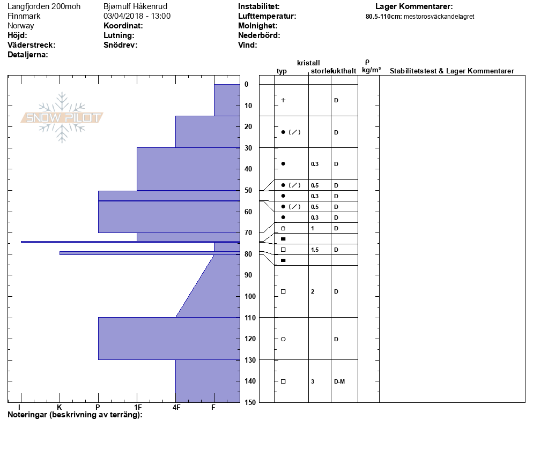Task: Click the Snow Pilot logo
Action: [x=62, y=117]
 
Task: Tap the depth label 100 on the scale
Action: [x=249, y=296]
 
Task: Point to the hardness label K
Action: [x=60, y=407]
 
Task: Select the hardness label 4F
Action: [x=176, y=407]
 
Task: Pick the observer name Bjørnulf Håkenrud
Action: [x=135, y=6]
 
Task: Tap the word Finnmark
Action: [x=24, y=16]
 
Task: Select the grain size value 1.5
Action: [x=314, y=250]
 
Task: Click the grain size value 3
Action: [x=312, y=381]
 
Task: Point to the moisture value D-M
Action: [x=339, y=381]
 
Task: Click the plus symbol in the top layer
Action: [x=283, y=100]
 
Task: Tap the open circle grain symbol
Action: [x=283, y=339]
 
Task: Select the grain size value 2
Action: [x=312, y=291]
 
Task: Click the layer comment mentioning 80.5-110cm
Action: [x=419, y=17]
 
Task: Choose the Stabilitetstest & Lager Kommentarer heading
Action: [x=451, y=71]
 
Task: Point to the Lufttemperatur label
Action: [x=267, y=16]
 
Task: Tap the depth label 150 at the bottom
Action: [x=249, y=402]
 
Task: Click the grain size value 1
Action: [x=312, y=228]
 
